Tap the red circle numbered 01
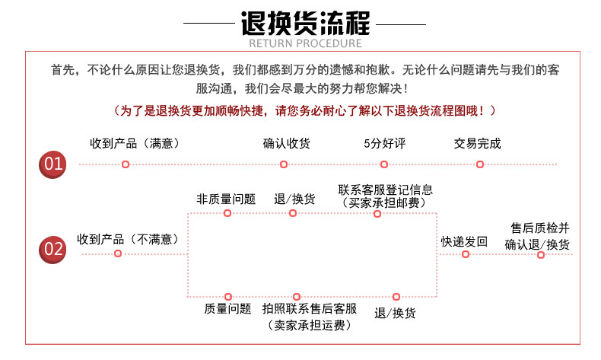53,163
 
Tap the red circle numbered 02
53,248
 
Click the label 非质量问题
226,199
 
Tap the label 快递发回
464,241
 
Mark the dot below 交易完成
479,164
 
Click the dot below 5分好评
384,164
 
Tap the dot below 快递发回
466,254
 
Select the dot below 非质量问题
227,213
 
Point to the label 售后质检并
540,228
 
